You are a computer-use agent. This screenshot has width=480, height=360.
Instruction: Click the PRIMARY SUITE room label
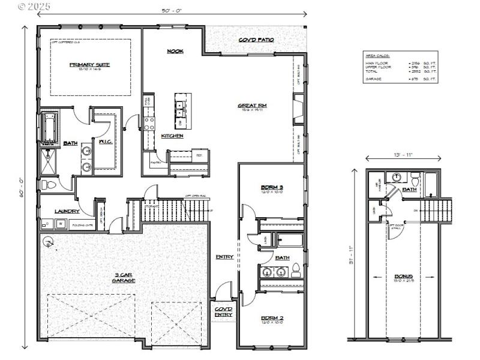(90, 65)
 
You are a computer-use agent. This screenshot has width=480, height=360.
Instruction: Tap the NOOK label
(175, 52)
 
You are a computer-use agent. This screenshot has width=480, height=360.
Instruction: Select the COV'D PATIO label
(256, 40)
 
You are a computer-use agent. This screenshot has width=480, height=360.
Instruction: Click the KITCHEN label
(172, 136)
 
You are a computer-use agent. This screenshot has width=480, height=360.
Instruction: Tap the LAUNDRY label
(67, 211)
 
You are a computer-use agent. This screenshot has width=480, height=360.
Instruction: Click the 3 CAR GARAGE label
(125, 278)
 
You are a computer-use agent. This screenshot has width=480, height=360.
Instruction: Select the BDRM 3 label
(272, 187)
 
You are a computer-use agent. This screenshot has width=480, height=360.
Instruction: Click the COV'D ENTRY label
(224, 311)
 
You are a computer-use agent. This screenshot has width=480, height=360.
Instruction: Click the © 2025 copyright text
(34, 7)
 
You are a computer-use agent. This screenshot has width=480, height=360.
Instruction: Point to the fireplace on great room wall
(296, 112)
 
